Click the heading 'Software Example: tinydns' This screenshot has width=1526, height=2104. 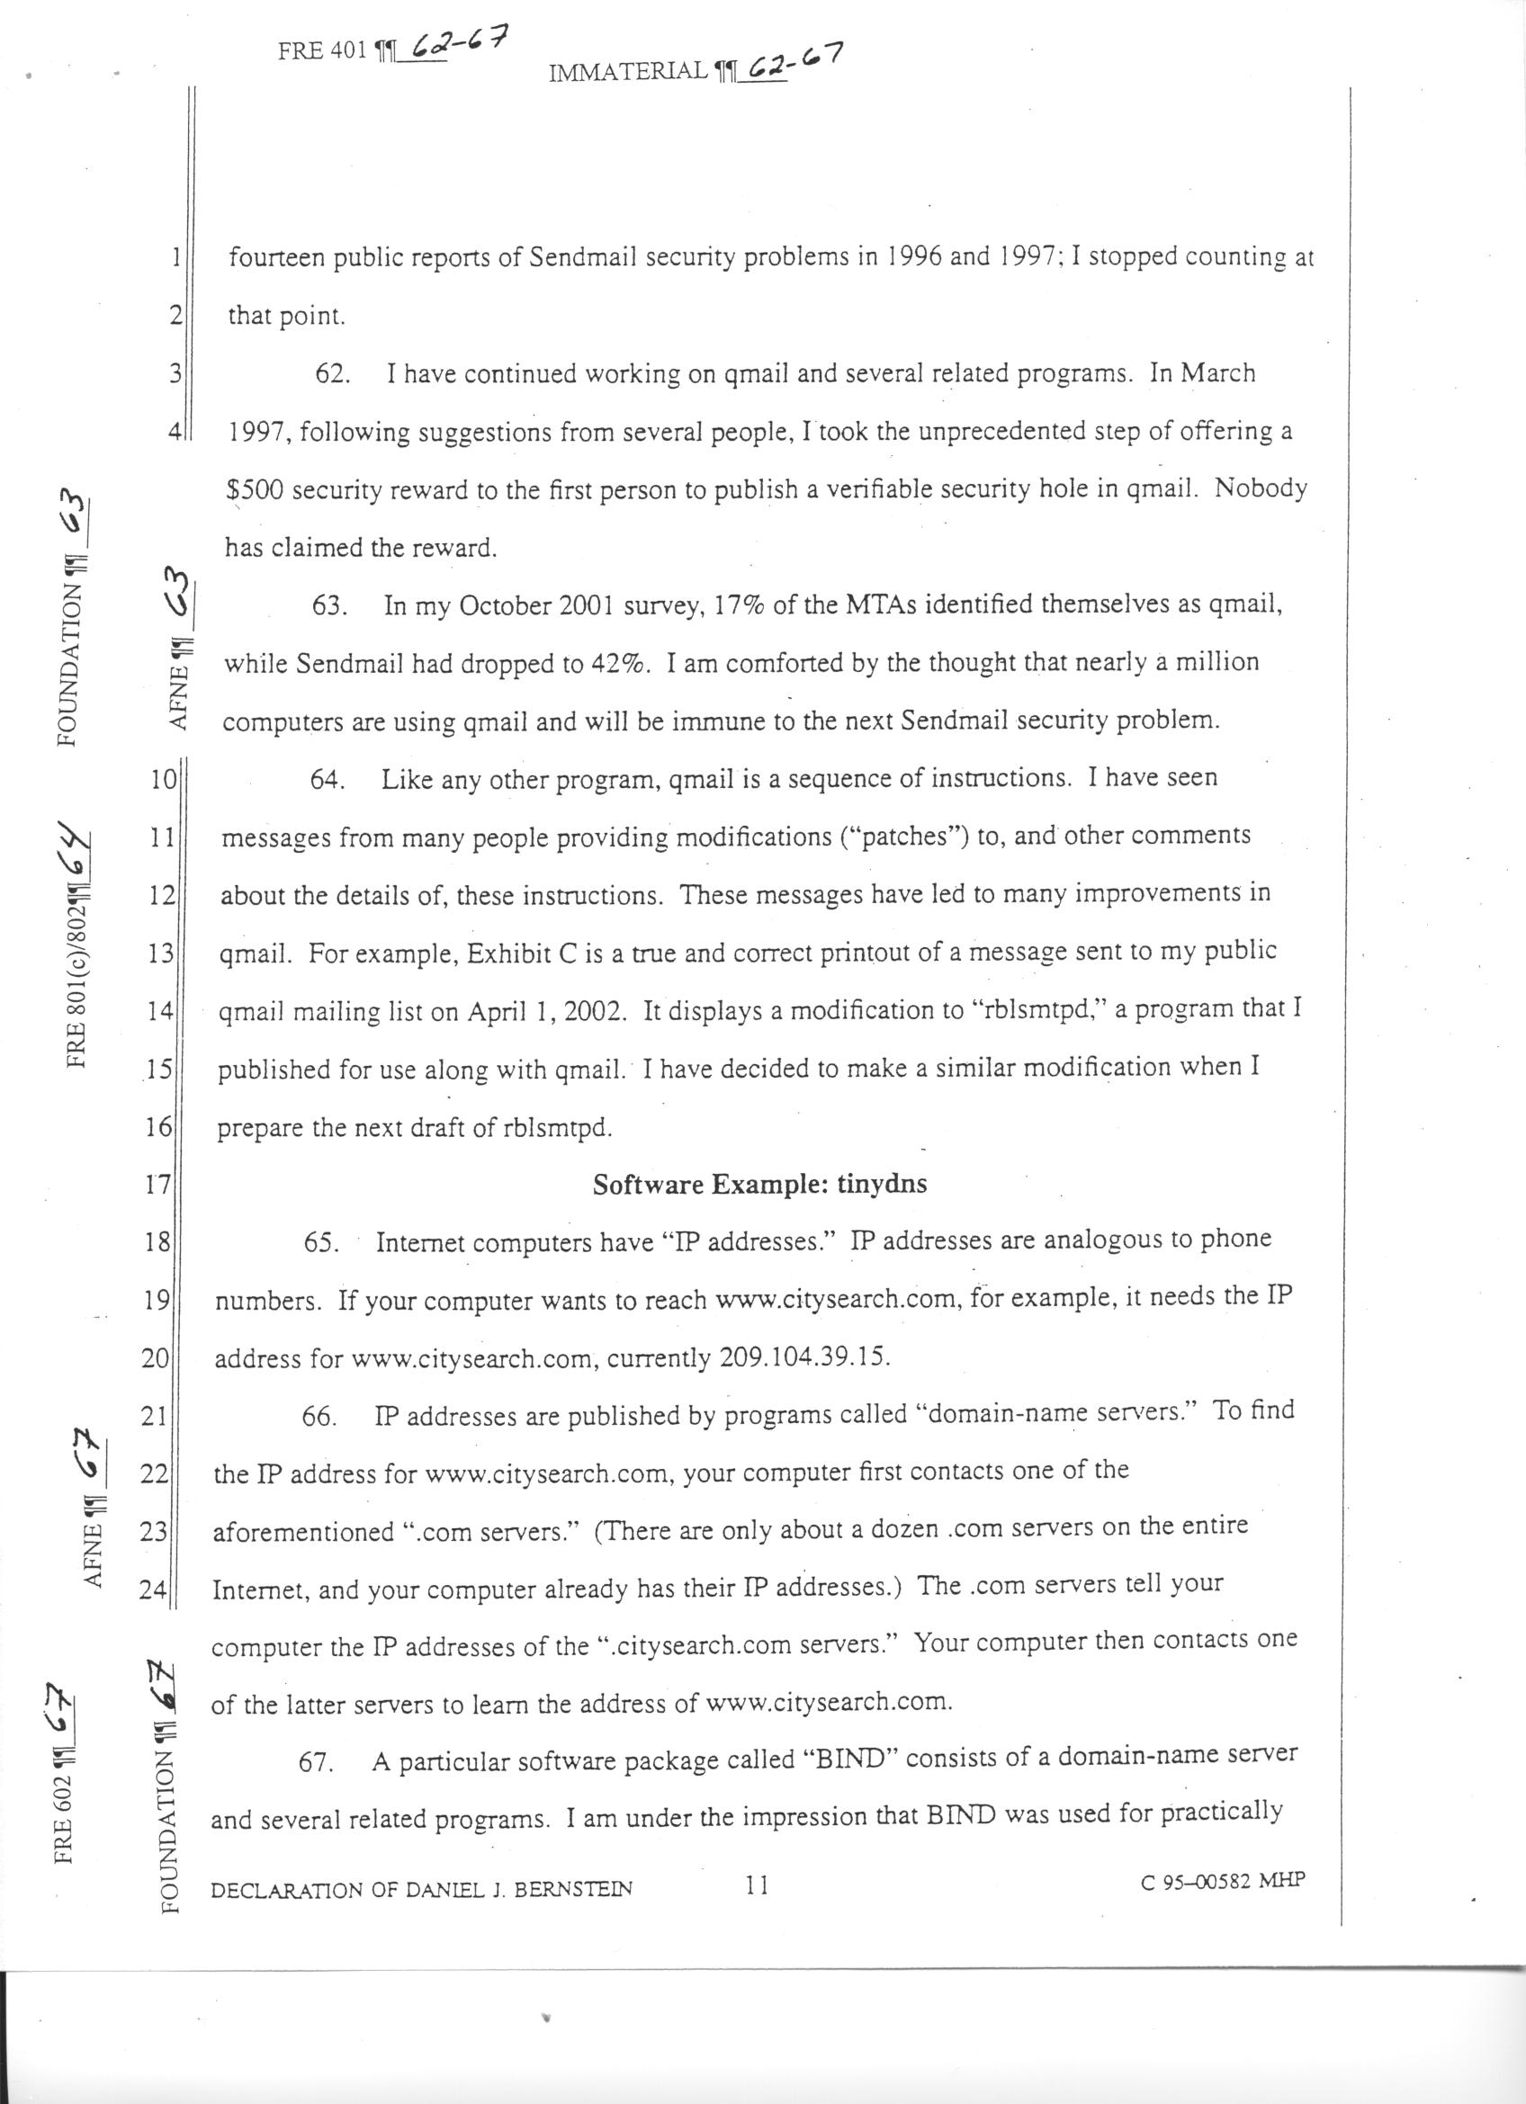(x=759, y=1185)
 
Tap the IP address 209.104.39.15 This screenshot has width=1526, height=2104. (x=804, y=1357)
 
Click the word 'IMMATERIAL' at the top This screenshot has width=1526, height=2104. (x=628, y=70)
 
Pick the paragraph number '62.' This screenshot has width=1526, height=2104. (x=332, y=374)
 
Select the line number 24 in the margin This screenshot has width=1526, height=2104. (x=152, y=1589)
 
